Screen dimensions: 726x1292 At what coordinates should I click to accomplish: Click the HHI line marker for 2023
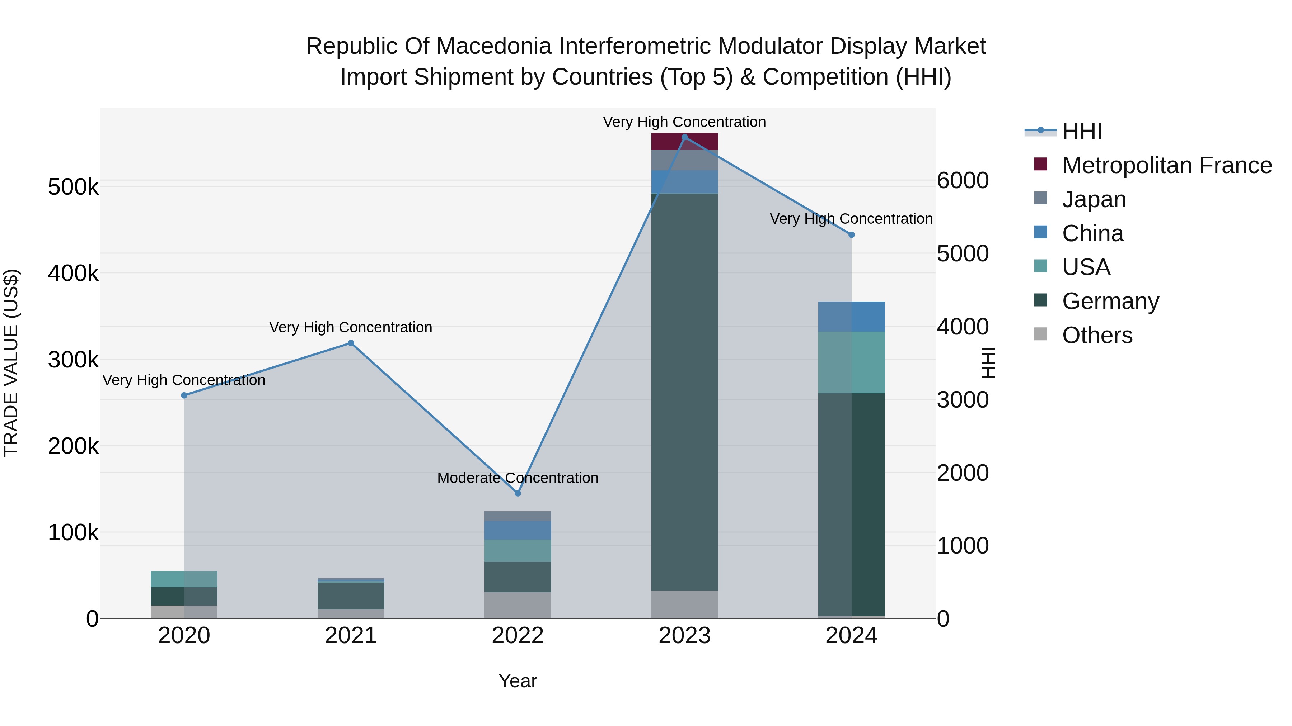[x=685, y=137]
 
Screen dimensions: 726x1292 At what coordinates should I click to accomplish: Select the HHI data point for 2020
[x=184, y=395]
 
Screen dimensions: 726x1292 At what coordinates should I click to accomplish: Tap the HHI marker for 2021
[x=351, y=343]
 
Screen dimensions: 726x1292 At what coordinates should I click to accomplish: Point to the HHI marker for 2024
[x=851, y=234]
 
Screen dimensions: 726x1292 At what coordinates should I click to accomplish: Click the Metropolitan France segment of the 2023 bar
[x=685, y=142]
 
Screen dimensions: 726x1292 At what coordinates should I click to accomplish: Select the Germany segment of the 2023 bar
[x=685, y=391]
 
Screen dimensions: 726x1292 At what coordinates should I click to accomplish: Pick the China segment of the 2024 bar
[x=851, y=317]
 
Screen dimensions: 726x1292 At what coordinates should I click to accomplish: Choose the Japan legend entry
[x=1094, y=199]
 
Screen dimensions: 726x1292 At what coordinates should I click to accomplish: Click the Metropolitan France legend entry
[x=1167, y=165]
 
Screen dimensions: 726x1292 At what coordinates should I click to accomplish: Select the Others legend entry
[x=1097, y=335]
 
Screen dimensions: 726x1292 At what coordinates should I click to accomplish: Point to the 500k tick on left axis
[x=73, y=188]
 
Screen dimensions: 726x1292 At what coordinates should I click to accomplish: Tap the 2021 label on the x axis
[x=351, y=636]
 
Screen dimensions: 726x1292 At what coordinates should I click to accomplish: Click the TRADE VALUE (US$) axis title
[x=11, y=363]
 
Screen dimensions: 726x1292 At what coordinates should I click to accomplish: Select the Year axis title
[x=518, y=681]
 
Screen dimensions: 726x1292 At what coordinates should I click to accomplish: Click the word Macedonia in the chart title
[x=497, y=46]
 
